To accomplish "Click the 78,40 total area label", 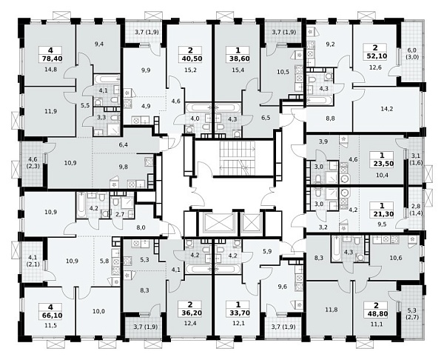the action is (x=50, y=59).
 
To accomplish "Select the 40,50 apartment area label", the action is (x=190, y=59).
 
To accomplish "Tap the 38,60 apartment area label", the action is (x=238, y=59).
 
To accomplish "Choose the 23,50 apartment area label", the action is (x=382, y=164).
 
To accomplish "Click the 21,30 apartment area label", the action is (x=382, y=214).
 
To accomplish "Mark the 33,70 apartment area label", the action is (x=238, y=313).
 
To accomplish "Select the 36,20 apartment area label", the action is (x=190, y=313).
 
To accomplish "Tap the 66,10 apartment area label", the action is (x=50, y=316).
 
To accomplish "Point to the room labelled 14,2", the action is (x=386, y=109).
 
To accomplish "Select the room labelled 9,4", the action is (x=99, y=48).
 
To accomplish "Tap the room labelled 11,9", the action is (x=50, y=111).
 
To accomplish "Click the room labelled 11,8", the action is (x=329, y=309).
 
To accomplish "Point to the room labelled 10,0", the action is (x=98, y=311).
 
